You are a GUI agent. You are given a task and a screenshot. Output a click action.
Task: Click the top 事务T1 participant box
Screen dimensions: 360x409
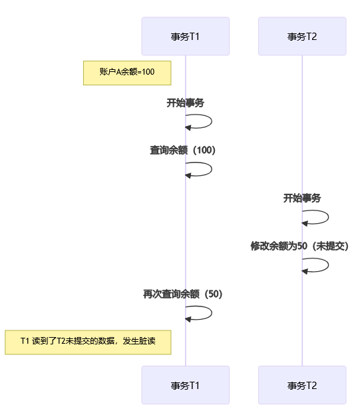click(x=186, y=36)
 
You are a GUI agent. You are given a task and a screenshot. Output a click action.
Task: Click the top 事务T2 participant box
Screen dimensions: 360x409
click(x=302, y=36)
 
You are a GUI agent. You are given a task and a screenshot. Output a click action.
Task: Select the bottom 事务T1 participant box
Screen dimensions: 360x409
click(x=186, y=385)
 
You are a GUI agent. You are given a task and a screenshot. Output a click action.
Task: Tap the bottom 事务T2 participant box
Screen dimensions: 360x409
click(x=302, y=385)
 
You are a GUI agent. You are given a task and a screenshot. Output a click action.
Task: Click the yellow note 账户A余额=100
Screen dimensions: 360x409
click(x=127, y=73)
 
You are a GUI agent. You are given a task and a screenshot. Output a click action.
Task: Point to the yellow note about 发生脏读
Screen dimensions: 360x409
click(x=88, y=342)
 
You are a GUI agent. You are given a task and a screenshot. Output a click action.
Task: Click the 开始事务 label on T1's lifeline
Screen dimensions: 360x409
click(x=185, y=103)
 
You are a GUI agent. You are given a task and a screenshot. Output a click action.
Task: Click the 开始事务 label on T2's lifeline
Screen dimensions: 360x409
click(x=302, y=199)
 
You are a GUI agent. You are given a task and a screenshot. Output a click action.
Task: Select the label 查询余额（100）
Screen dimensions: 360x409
click(x=182, y=151)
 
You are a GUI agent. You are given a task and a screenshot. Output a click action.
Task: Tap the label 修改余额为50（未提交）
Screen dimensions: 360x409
click(x=299, y=246)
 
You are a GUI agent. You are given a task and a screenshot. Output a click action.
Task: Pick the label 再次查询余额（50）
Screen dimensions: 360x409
click(x=182, y=294)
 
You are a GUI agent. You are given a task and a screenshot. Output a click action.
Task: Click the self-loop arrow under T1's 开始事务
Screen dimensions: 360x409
click(x=212, y=121)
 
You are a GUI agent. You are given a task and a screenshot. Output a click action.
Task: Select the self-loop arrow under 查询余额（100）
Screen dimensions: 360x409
click(x=212, y=169)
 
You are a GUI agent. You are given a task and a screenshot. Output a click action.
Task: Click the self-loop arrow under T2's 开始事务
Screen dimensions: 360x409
click(x=329, y=217)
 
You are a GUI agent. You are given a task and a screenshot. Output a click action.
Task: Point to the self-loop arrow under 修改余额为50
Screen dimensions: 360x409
click(x=329, y=265)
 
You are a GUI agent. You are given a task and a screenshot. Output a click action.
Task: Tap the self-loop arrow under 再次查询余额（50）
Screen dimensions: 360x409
click(x=212, y=313)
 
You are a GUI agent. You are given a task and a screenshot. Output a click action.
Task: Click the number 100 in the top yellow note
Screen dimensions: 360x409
click(x=148, y=72)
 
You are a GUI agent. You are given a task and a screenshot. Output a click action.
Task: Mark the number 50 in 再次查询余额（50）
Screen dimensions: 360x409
click(x=214, y=294)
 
